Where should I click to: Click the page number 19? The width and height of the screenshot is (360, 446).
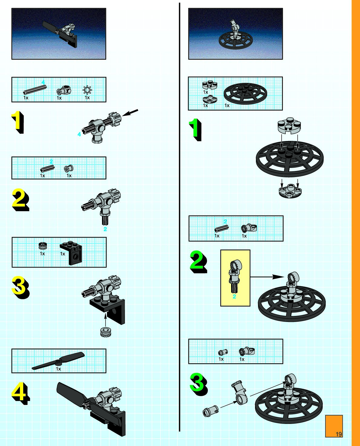[339, 434]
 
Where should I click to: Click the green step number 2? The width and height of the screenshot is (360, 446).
[198, 261]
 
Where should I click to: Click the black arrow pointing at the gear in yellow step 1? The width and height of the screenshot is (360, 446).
[131, 113]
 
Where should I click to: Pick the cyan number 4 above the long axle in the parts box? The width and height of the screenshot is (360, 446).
[43, 82]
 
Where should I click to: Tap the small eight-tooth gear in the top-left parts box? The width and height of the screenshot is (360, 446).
[87, 90]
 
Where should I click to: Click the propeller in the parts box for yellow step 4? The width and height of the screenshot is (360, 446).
[58, 361]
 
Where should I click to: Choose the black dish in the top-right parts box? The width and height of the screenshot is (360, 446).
[246, 92]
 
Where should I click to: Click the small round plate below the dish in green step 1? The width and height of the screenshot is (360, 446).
[290, 190]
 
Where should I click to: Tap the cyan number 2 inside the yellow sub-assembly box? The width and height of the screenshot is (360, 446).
[234, 297]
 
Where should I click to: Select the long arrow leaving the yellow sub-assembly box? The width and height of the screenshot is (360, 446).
[266, 277]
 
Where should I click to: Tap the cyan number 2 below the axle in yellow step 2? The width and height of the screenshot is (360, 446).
[105, 229]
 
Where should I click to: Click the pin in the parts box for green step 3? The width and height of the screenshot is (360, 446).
[223, 352]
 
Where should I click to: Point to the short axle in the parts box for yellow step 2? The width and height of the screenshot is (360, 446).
[47, 169]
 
